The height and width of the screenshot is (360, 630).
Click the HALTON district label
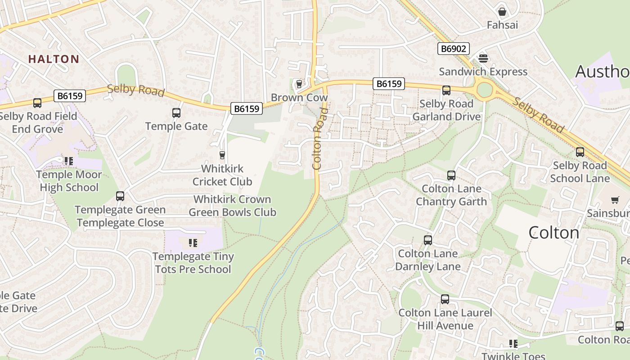coord(54,59)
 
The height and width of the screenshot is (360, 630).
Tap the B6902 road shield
coord(453,49)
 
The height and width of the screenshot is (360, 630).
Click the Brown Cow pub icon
coord(299,84)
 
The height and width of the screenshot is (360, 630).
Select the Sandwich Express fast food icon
coord(483,58)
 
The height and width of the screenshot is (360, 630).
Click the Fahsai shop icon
coord(502,11)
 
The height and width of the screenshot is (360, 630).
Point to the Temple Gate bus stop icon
coord(176,113)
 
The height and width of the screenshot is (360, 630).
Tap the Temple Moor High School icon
coord(68,161)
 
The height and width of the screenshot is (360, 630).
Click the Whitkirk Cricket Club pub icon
coord(222,155)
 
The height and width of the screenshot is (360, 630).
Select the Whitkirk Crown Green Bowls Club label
coord(232,206)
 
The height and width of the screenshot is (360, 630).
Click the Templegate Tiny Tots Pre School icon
coord(193,243)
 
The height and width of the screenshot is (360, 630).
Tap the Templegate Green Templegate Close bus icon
coord(120,196)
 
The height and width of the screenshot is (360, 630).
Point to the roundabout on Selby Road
coord(484,90)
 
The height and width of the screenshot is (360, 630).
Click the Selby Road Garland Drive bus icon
coord(446,90)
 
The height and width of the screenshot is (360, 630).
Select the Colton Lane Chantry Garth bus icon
coord(451,175)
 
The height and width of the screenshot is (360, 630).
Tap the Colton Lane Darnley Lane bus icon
coord(427,240)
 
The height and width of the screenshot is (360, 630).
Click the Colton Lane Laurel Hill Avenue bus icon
coord(445,299)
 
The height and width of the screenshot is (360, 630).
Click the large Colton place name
coord(553,233)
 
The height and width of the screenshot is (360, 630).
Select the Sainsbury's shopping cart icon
coord(615,200)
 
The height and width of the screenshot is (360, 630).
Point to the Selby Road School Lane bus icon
coord(580,152)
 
